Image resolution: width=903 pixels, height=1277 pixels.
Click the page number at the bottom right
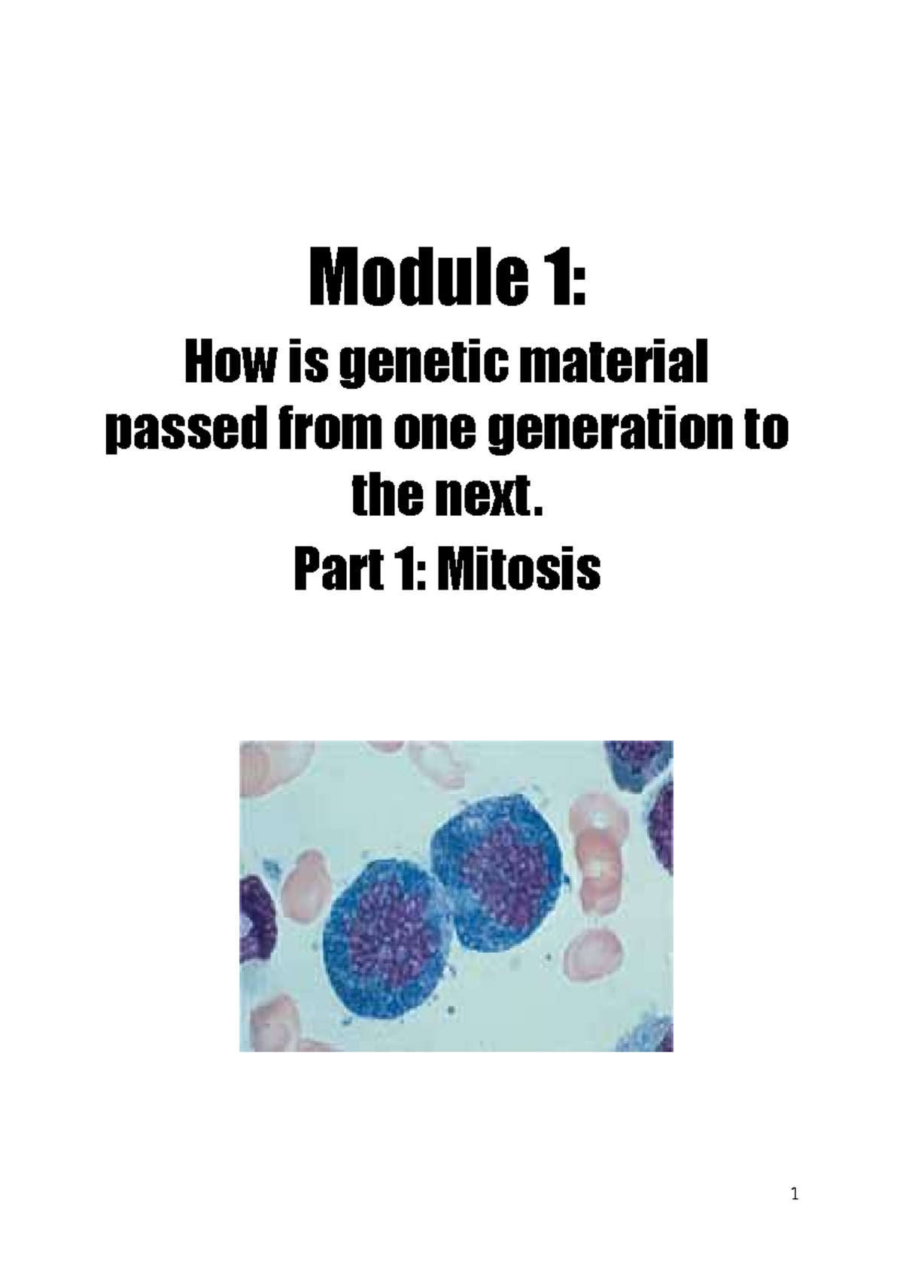pos(795,1194)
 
